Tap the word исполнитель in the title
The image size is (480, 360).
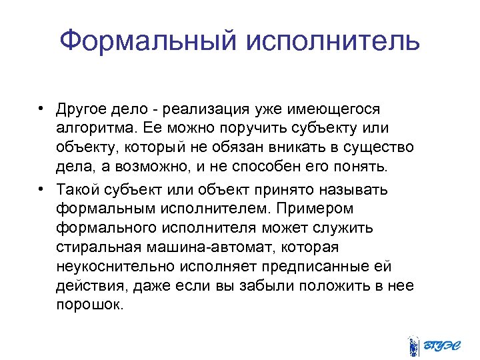tap(333, 42)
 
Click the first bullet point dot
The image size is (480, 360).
tap(42, 108)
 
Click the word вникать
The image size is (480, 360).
tap(273, 146)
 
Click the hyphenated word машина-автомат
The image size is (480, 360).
tap(215, 247)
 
